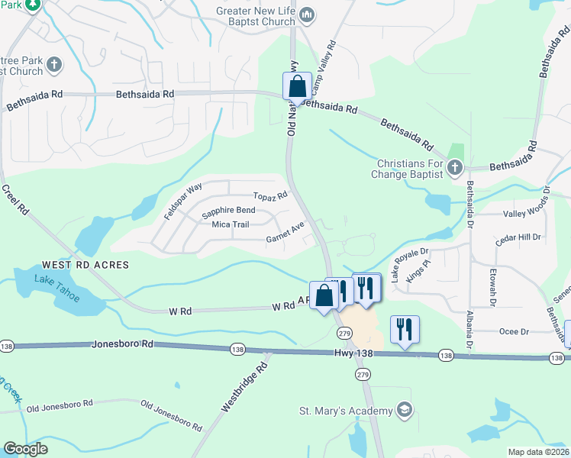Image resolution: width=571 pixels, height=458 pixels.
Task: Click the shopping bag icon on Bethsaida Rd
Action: tap(297, 85)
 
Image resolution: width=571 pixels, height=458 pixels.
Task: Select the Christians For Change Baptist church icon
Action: tap(454, 166)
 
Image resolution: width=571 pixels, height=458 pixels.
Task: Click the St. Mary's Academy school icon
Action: tap(404, 411)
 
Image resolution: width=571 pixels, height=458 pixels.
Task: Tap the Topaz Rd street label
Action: tap(270, 196)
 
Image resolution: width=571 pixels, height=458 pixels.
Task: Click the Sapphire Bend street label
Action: tap(228, 210)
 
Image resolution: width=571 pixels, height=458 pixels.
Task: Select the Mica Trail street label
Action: tap(231, 224)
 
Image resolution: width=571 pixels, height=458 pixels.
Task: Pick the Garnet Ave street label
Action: tap(285, 232)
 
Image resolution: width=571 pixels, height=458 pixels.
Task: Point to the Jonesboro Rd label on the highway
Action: tap(123, 344)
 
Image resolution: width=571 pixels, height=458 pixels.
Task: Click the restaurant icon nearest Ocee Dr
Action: tap(404, 329)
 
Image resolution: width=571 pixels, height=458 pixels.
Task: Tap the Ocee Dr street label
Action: tap(513, 331)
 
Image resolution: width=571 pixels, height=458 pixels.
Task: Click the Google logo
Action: tap(26, 449)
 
